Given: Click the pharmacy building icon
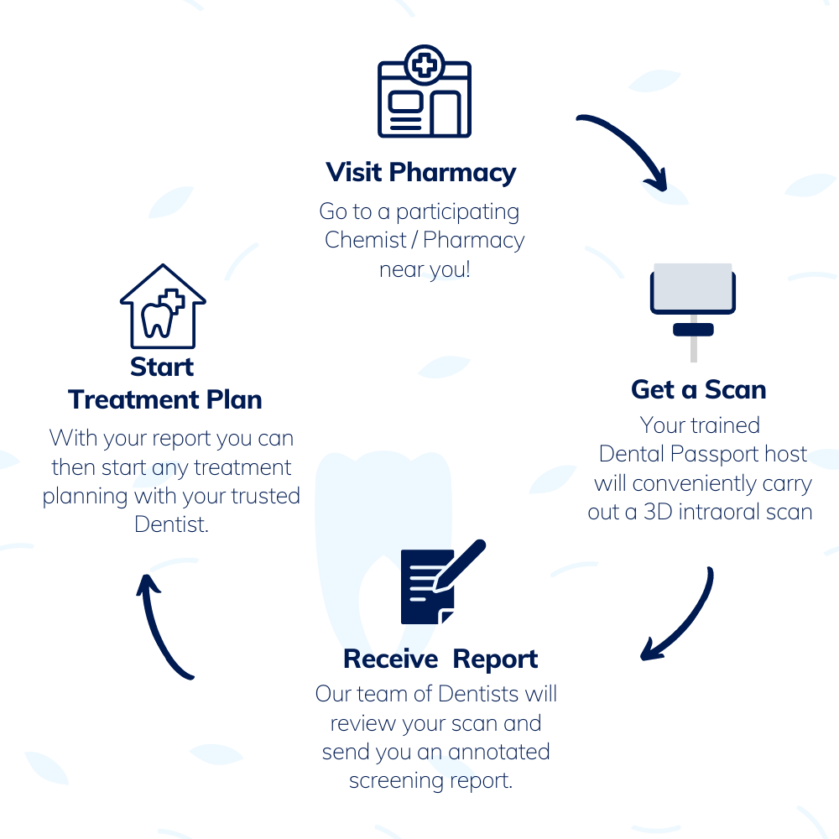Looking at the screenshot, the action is point(425,91).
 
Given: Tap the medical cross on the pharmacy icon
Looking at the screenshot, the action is point(425,65).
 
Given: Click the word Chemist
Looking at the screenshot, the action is point(366,240).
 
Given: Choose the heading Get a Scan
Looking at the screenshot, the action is point(698,389).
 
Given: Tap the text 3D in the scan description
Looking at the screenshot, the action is point(658,512).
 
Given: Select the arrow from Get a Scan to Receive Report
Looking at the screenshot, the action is point(690,621).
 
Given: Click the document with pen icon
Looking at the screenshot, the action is point(443,581).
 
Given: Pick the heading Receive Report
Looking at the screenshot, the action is point(440,659).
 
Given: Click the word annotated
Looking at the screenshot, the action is point(498,752).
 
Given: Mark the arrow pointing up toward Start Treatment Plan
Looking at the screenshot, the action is point(159,625).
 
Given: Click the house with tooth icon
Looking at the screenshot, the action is point(163,306).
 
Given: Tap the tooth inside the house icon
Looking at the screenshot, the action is point(157,319).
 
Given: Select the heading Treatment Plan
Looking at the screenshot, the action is point(164,399).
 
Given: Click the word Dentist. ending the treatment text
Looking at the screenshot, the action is point(171,524).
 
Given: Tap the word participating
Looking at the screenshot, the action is point(457,212).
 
